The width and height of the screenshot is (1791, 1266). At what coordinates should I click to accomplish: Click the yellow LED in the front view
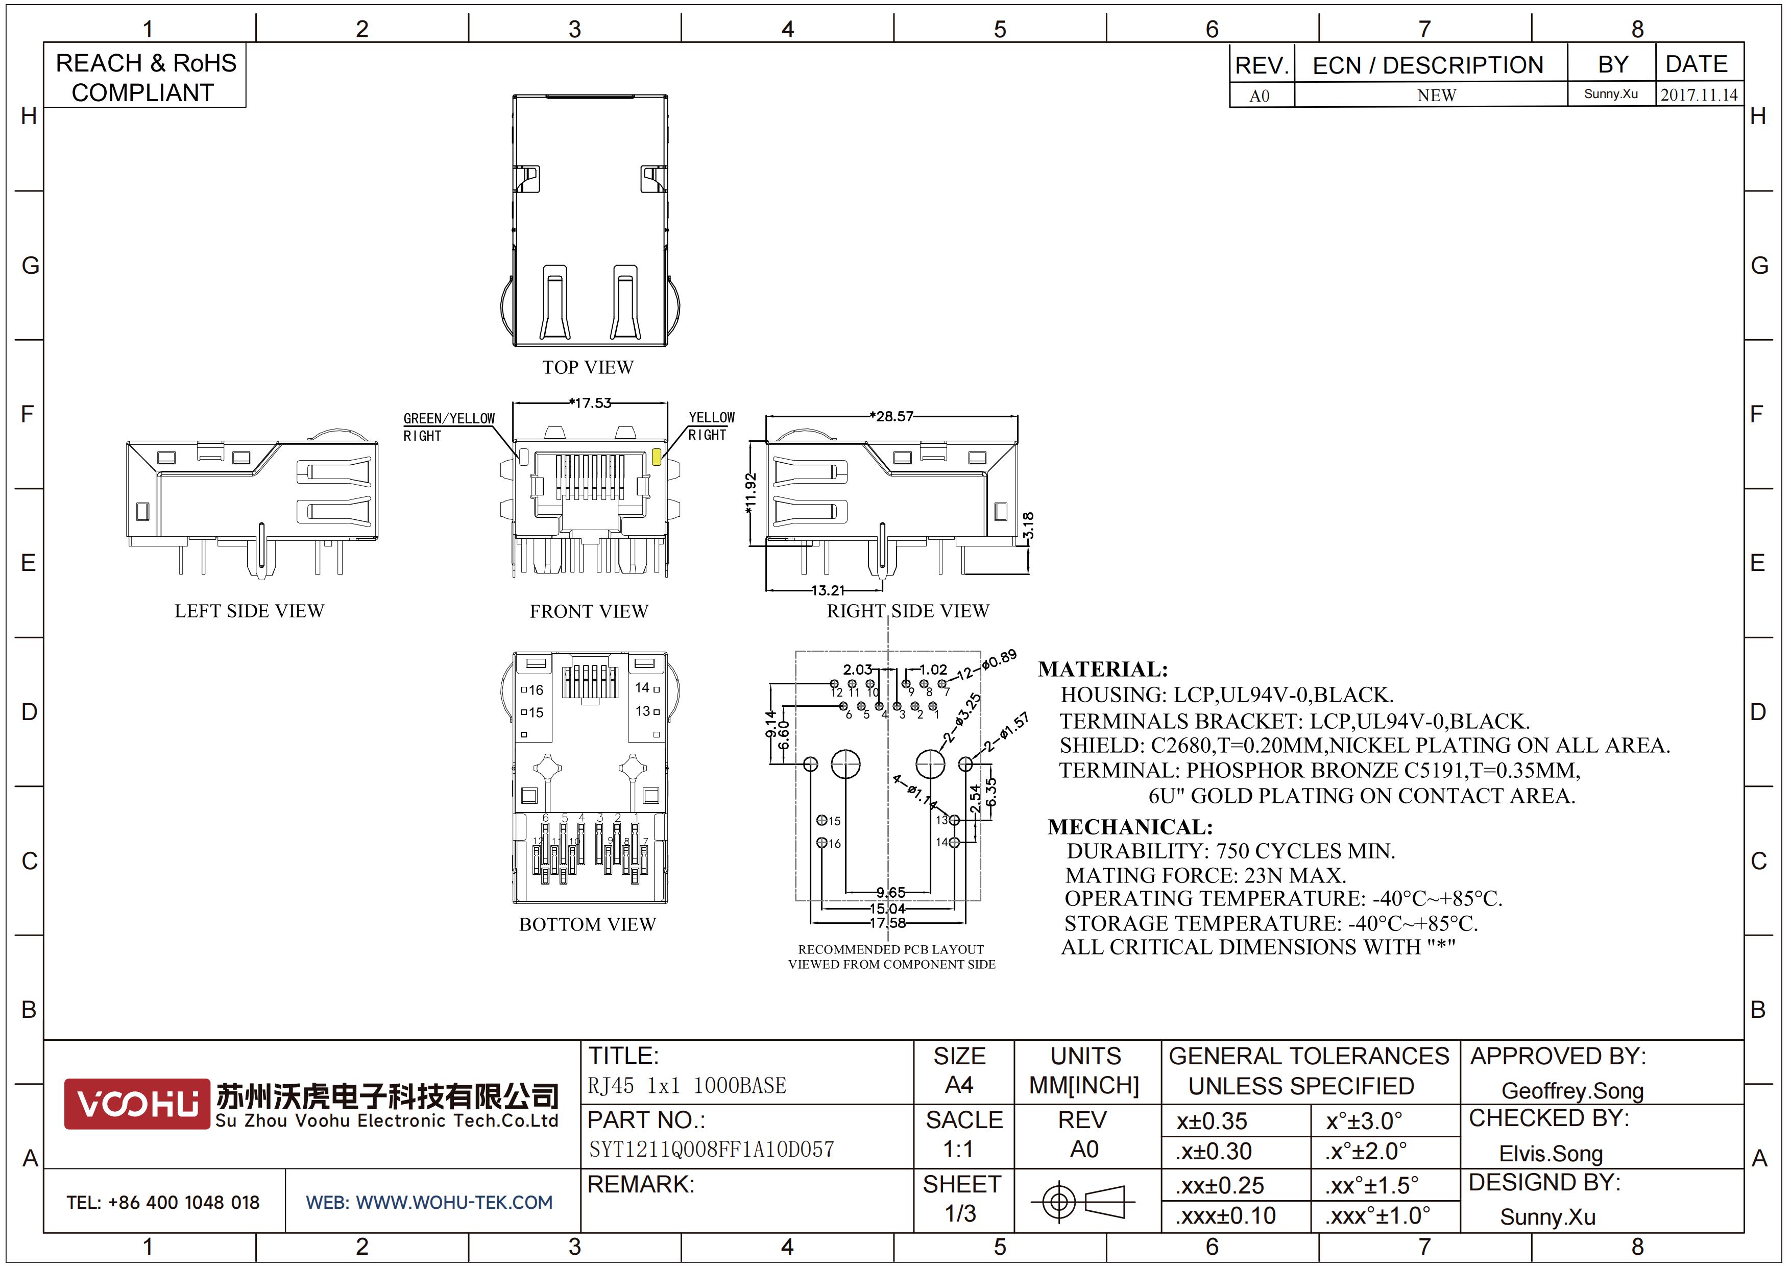(657, 457)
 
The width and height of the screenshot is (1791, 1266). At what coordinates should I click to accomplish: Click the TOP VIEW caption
(588, 367)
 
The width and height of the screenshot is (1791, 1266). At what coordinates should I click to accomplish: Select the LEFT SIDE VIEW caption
(250, 611)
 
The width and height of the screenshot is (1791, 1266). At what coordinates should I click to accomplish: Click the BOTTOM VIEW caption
(588, 924)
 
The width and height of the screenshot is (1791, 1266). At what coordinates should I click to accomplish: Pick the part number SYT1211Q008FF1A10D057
(711, 1149)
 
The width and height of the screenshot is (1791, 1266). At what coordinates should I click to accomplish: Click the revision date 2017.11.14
(1699, 95)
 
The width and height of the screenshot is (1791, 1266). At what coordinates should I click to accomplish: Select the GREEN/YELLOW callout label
(449, 419)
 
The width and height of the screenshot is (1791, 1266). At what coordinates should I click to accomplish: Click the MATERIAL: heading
(1103, 670)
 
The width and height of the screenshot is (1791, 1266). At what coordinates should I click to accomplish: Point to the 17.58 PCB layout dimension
(888, 923)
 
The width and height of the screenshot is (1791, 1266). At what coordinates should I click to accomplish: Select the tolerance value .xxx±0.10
(1225, 1215)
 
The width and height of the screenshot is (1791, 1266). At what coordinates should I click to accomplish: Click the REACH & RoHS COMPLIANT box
(145, 76)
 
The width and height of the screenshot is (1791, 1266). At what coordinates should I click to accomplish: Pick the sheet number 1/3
(960, 1214)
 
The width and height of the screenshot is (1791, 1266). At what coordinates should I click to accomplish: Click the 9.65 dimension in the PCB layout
(891, 892)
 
